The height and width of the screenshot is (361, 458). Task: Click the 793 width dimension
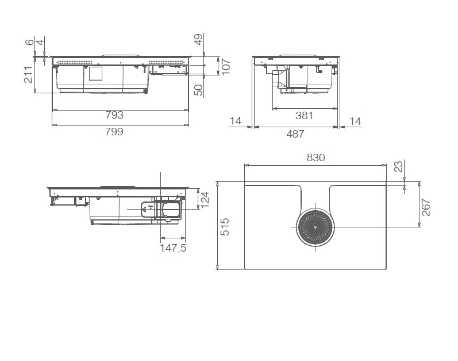tap(115, 115)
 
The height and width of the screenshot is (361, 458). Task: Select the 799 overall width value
tap(115, 131)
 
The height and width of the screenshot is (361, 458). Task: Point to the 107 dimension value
tap(226, 67)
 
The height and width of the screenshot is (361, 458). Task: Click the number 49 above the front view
tap(198, 40)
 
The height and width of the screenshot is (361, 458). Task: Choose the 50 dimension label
tap(198, 90)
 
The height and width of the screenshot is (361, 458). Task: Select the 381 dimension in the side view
tap(304, 115)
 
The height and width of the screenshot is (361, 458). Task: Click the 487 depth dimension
tap(295, 134)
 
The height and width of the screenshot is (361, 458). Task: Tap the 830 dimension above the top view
tap(315, 158)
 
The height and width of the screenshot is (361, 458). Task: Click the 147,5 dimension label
tap(172, 248)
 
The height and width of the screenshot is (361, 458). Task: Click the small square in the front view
tap(95, 73)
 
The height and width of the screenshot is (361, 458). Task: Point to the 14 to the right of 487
tap(354, 121)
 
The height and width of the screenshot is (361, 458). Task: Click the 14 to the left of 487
tap(234, 121)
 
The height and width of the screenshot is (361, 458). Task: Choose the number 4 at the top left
tap(40, 42)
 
